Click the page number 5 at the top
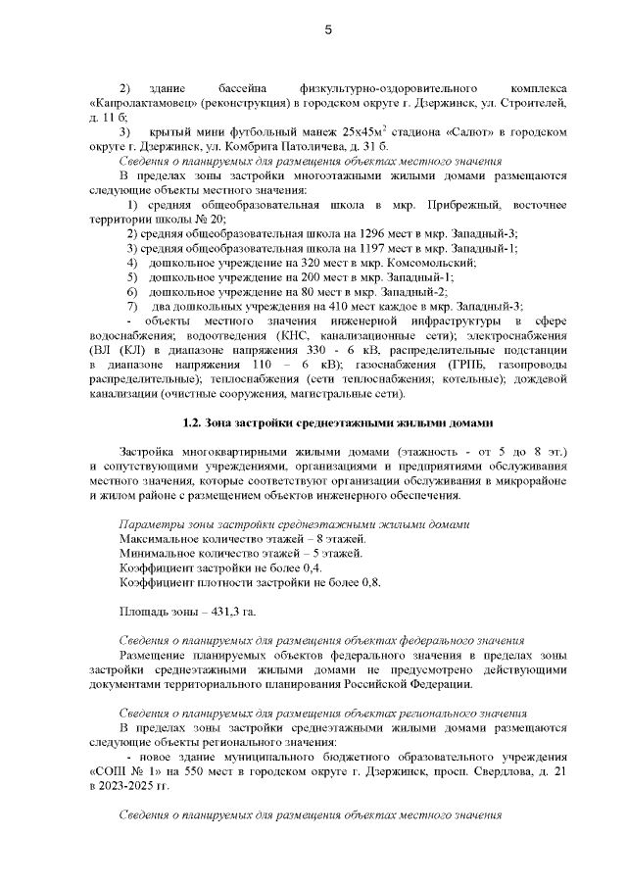click(x=328, y=30)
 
